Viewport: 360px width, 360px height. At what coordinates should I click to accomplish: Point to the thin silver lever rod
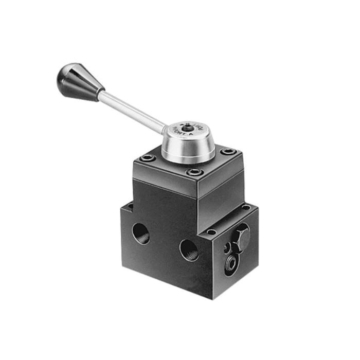tap(131, 110)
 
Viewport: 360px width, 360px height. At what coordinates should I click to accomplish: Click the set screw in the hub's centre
tap(189, 128)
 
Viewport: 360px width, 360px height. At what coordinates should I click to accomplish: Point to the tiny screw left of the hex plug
tap(227, 248)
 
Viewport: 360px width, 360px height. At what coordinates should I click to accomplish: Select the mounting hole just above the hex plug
tap(211, 231)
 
